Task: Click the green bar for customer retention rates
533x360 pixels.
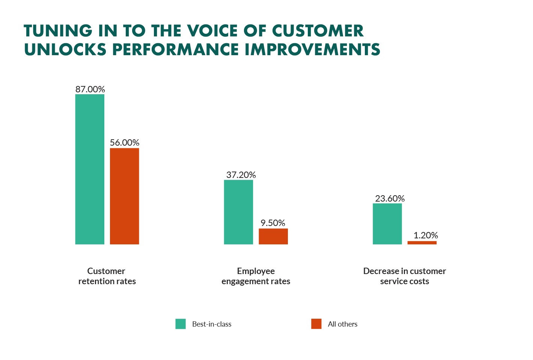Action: (90, 169)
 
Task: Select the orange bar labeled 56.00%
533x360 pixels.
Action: (124, 196)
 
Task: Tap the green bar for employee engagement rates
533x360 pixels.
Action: (238, 212)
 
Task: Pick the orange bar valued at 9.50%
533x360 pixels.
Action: (273, 236)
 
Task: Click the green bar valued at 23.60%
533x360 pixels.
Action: (387, 224)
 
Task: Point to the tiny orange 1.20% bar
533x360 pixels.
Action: (422, 243)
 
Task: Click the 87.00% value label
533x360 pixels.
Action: (90, 89)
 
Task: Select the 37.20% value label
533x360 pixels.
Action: (241, 175)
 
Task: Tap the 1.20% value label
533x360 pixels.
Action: (426, 235)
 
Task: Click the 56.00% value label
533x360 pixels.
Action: (125, 143)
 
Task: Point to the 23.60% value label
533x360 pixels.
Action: (390, 199)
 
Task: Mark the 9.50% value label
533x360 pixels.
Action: (273, 223)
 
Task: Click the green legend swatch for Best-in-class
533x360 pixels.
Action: (181, 324)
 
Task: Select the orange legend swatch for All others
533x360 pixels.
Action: (316, 324)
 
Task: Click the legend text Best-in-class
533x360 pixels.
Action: (212, 324)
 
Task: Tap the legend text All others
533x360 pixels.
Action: (342, 324)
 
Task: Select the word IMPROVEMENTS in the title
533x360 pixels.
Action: (312, 50)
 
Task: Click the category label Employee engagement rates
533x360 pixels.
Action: (256, 276)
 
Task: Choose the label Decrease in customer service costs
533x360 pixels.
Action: (404, 276)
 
